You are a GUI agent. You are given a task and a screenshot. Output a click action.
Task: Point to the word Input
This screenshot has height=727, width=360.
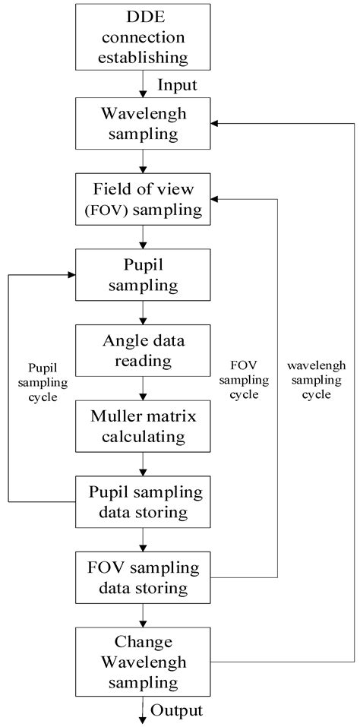coord(178,84)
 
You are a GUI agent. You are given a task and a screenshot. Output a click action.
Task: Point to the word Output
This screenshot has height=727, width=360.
coord(177,710)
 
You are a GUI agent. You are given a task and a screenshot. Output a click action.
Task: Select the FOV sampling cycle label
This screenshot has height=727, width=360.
coord(248,381)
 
